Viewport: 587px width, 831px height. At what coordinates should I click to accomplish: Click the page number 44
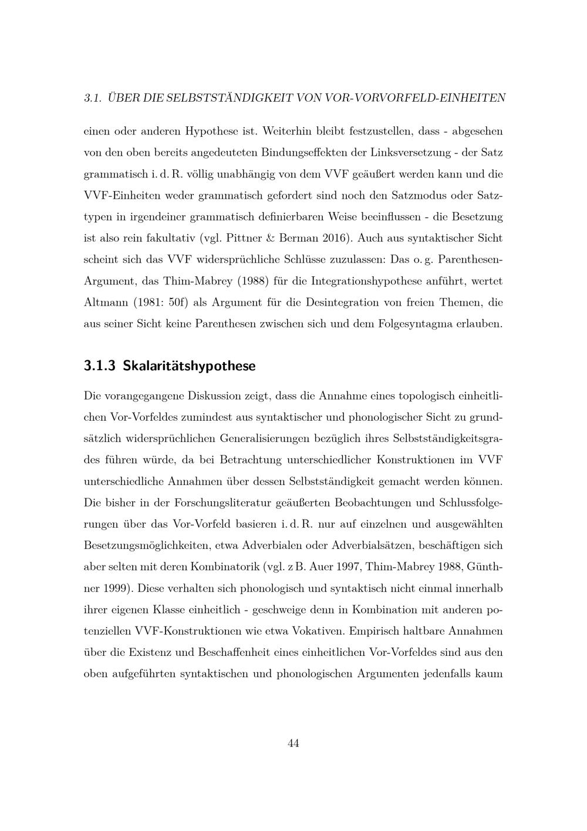click(293, 743)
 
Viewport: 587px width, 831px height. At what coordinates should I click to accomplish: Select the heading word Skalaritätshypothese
click(190, 367)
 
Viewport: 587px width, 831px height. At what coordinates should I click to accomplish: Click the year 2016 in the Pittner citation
click(335, 238)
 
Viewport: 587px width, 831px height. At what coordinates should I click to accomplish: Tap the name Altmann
click(105, 303)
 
